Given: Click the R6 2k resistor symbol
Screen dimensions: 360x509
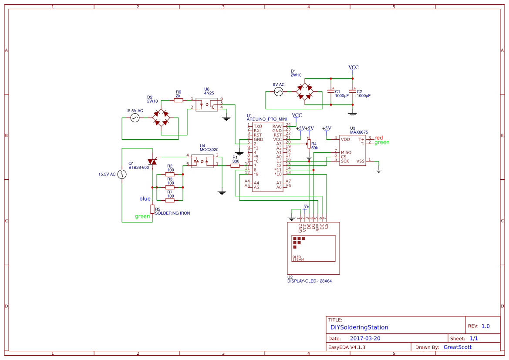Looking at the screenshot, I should point(178,100).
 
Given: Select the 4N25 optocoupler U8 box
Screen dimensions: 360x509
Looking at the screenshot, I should point(207,104).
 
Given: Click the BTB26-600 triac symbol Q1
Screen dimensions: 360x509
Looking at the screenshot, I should point(152,161).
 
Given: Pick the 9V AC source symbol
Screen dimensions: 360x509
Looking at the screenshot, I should point(278,92).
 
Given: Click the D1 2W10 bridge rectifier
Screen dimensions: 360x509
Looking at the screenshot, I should point(305,92).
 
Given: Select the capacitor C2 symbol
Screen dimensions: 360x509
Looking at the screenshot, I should point(353,92).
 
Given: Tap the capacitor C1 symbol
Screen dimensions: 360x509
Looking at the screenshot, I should point(330,92).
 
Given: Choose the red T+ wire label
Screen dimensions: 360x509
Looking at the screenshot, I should point(379,138).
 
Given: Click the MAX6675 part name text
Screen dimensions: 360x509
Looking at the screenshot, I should point(359,132).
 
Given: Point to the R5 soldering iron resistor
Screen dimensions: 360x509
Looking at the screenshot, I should point(152,209).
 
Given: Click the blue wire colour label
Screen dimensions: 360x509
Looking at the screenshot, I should point(145,199).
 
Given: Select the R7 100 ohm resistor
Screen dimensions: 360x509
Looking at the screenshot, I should point(170,200).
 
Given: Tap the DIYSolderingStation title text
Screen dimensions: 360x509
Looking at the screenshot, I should point(359,327).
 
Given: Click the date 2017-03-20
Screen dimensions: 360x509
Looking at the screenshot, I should point(365,338).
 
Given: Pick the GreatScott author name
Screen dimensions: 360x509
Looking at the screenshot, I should point(457,347).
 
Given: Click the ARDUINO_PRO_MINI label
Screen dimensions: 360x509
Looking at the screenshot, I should point(267,119).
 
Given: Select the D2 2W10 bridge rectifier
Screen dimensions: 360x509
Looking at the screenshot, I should point(161,118).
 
